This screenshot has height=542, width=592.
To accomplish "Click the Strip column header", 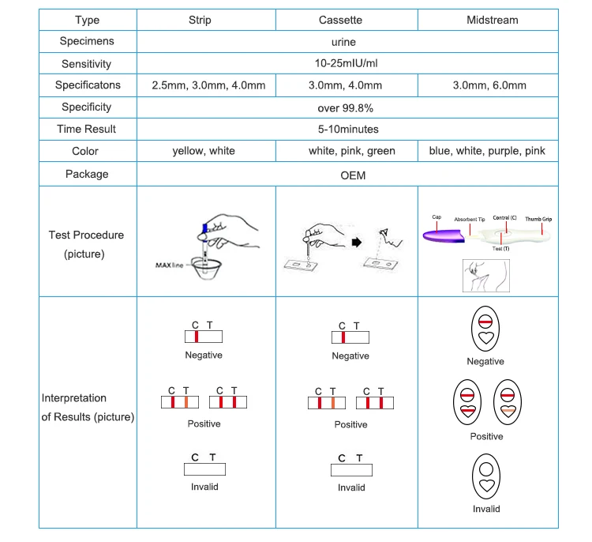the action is point(206,20).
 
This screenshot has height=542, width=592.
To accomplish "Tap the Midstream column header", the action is point(487,20).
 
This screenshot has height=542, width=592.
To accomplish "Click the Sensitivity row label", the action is point(87,64).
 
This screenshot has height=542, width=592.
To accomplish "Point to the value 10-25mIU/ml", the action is point(347,64).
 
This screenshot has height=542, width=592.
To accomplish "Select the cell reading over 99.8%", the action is point(347,107).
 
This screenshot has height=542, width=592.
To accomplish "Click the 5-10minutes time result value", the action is point(347,129).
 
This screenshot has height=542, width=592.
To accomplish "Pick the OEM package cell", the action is point(347,174).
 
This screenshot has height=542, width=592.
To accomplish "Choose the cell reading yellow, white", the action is point(204,151).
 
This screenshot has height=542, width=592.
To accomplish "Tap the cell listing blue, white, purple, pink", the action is point(487,151).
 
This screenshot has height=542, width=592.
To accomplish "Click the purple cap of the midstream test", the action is point(442,234).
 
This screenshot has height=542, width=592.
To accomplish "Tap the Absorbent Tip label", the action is point(470,219).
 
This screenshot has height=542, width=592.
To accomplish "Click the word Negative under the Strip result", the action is point(204,356).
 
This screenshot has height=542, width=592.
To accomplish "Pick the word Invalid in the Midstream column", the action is point(486,509).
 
